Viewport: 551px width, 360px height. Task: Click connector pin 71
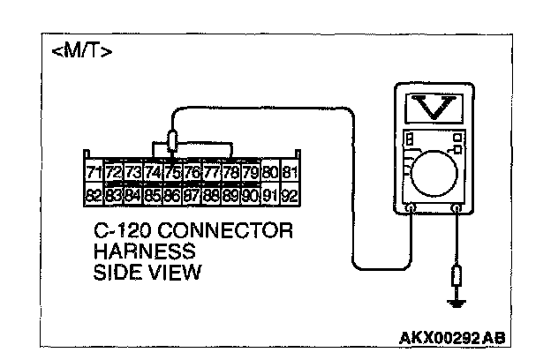[94, 171]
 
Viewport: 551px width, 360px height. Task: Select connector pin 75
[172, 171]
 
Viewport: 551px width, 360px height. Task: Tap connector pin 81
[291, 171]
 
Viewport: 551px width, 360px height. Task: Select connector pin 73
[132, 171]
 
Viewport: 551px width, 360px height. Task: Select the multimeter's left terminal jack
[411, 209]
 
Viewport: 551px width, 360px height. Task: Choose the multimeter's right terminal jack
[457, 209]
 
